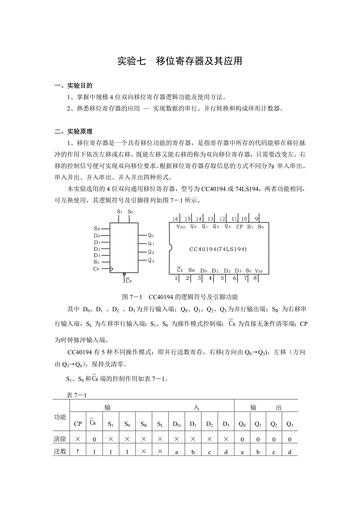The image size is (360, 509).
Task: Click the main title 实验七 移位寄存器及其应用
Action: point(180,61)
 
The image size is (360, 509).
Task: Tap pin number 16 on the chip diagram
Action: point(175,219)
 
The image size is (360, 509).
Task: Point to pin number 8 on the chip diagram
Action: point(255,278)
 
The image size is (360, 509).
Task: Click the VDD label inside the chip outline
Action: point(181,227)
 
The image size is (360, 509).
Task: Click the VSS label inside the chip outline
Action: point(259,271)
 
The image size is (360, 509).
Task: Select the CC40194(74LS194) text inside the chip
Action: point(218,249)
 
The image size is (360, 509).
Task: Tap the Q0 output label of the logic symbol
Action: point(151,235)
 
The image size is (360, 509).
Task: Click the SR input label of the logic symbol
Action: point(97,229)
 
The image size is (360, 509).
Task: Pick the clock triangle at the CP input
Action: point(112,269)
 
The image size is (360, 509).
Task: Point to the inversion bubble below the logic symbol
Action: point(124,274)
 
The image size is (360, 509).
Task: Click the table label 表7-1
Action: point(77,395)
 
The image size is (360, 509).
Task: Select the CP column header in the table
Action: point(78,424)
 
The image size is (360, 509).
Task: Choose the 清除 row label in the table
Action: point(60,439)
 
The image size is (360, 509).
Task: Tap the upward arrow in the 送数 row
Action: point(78,451)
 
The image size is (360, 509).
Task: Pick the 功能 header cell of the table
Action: point(60,417)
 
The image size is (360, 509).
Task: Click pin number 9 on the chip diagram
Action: point(256,219)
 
